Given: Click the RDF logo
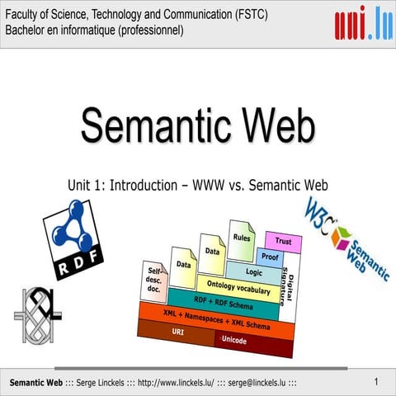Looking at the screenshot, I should pos(73,240).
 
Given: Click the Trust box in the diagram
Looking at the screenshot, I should pos(284,242).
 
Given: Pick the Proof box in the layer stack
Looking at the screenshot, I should pos(270,257).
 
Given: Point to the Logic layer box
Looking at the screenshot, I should pos(253,271).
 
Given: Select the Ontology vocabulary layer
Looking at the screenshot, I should pos(238,287).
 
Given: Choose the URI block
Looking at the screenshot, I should pos(177,332).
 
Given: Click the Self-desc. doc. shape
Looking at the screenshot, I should pos(155,280).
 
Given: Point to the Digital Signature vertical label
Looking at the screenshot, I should pos(291,285).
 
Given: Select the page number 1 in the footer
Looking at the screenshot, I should pos(375,382).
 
